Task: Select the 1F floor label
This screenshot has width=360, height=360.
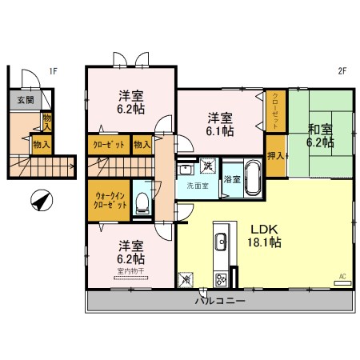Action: pyautogui.click(x=53, y=71)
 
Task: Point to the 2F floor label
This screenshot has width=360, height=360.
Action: pyautogui.click(x=342, y=71)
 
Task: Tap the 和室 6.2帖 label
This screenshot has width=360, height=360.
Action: pyautogui.click(x=320, y=135)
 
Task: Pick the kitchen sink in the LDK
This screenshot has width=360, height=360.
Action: pyautogui.click(x=219, y=242)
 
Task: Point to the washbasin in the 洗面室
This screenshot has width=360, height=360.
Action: pyautogui.click(x=185, y=169)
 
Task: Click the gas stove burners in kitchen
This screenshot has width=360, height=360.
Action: pyautogui.click(x=219, y=279)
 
